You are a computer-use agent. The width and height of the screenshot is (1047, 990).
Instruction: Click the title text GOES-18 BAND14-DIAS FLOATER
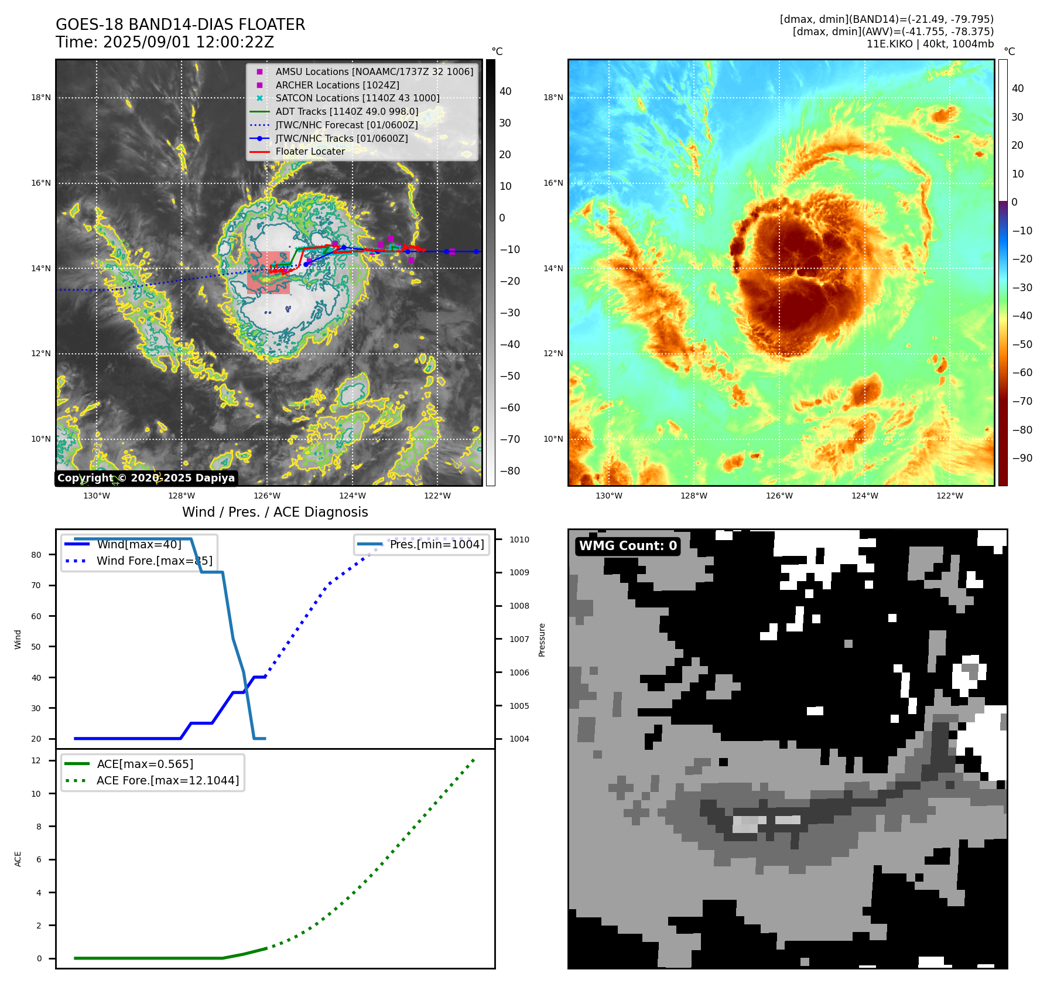(x=180, y=25)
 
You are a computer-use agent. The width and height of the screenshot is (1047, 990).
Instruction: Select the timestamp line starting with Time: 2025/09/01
(x=165, y=42)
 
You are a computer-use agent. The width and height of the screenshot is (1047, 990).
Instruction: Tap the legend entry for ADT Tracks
(x=347, y=111)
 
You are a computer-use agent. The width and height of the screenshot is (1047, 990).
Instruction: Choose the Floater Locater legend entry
(x=310, y=151)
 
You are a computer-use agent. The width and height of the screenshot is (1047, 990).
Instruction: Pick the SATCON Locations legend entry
(x=357, y=98)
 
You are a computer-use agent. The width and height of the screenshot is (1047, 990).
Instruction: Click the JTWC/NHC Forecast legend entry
(x=347, y=125)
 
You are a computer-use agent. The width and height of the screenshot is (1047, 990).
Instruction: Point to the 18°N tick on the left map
(x=41, y=98)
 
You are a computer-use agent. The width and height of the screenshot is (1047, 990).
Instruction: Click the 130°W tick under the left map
(x=97, y=496)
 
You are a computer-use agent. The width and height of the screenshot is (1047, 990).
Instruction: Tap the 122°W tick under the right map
(x=950, y=496)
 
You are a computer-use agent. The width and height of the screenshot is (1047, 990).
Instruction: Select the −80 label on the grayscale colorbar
(x=509, y=471)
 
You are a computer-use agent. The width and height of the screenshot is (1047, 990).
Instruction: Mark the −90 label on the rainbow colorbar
(x=1022, y=458)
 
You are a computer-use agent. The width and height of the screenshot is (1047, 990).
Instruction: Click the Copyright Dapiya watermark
(x=146, y=478)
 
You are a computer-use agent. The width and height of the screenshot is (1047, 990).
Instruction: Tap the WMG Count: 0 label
(x=628, y=546)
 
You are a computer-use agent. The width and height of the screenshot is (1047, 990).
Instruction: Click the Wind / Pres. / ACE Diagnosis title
(x=275, y=512)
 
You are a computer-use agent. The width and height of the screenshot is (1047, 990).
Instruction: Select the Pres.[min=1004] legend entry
(x=436, y=544)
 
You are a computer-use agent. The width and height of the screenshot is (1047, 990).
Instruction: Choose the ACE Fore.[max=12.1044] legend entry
(x=167, y=780)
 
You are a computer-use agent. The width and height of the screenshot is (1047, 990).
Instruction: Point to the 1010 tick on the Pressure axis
(x=519, y=540)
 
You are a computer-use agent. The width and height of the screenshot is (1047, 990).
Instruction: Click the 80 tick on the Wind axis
(x=36, y=555)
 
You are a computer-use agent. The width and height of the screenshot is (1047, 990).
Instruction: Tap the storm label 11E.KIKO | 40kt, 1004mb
(x=930, y=44)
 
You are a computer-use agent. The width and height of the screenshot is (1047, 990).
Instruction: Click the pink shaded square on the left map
(x=268, y=272)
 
